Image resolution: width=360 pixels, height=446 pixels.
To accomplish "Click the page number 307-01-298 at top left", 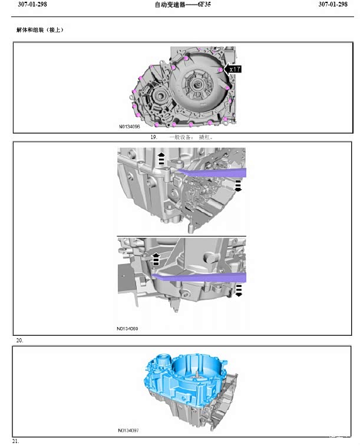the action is point(32,4).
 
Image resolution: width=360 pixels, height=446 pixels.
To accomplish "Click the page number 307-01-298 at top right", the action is point(333,4).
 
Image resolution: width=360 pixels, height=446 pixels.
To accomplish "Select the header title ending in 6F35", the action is point(183,5).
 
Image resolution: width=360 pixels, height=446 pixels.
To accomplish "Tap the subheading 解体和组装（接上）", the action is point(40,30).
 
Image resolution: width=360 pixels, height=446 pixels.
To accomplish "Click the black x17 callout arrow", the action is point(233,69).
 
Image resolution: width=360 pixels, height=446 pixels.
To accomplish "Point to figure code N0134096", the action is point(130,127).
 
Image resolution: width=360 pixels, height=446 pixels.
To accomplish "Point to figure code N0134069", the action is point(127,329).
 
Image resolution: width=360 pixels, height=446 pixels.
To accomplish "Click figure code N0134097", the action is point(128,430).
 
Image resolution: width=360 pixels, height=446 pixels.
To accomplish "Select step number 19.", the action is point(154,137).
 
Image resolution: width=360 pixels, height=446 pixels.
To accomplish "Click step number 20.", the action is point(19,340).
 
